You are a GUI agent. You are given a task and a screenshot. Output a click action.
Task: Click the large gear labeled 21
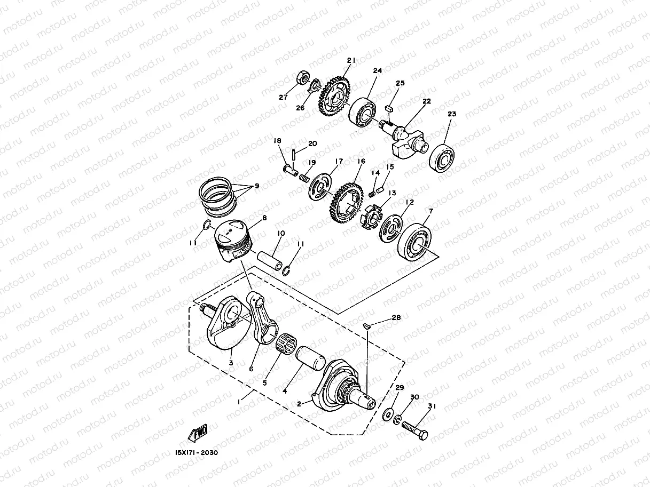tap(335, 98)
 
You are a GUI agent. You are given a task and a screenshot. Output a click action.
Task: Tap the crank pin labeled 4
tap(309, 358)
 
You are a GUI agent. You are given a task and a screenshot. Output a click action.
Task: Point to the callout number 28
tap(395, 317)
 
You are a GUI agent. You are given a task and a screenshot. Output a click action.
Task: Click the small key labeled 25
tap(388, 107)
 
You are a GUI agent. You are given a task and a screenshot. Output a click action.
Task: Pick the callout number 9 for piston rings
tap(257, 186)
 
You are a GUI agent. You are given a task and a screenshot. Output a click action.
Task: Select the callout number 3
tap(231, 363)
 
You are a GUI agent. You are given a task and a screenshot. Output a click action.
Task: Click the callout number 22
tap(426, 101)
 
